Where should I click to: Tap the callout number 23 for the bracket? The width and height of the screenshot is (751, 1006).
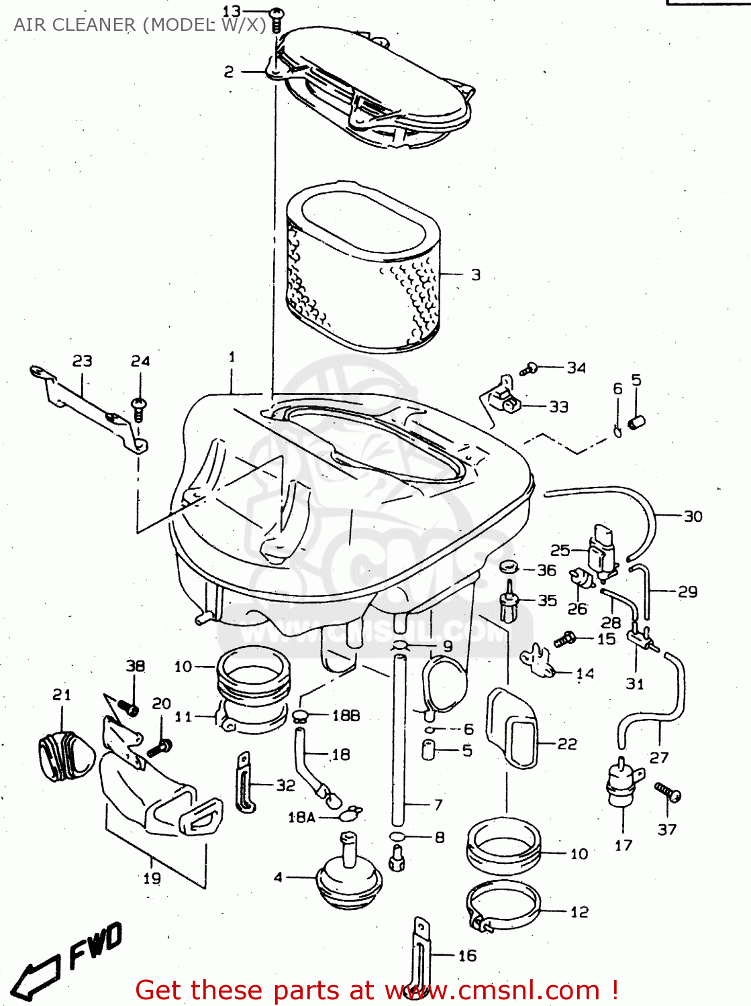tap(83, 361)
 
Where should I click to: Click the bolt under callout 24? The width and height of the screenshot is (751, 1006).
tap(140, 409)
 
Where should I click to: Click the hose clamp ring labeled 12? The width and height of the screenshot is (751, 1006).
tap(503, 905)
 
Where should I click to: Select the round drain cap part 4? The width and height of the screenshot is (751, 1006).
tap(349, 872)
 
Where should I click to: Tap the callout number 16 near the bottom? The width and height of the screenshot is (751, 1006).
tap(467, 956)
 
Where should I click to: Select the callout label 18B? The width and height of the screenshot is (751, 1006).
tap(346, 716)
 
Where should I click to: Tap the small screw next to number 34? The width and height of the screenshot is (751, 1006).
tap(530, 368)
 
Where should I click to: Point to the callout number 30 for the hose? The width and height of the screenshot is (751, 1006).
tap(693, 516)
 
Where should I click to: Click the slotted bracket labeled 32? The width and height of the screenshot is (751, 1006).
tap(245, 783)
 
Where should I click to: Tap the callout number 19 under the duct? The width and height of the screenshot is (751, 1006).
tap(152, 879)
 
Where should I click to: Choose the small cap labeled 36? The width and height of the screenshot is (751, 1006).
tap(510, 567)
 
